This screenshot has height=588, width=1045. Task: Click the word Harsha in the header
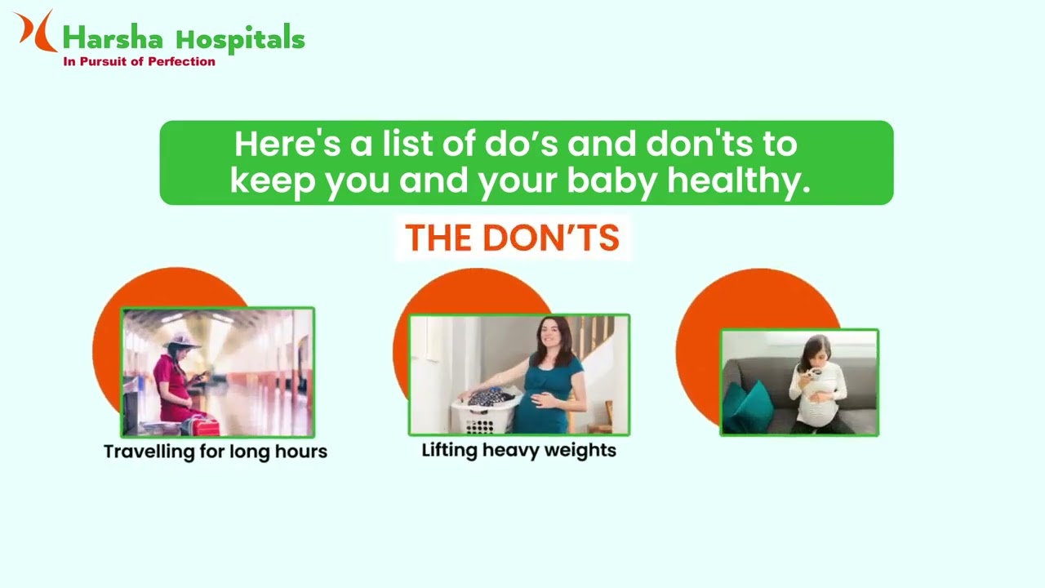pyautogui.click(x=113, y=38)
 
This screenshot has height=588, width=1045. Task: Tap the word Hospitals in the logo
pyautogui.click(x=240, y=38)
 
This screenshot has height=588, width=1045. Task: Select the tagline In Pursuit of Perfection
pyautogui.click(x=140, y=61)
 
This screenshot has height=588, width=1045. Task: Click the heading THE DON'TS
pyautogui.click(x=512, y=238)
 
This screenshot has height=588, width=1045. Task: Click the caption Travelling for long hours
pyautogui.click(x=216, y=452)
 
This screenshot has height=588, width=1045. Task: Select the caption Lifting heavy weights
pyautogui.click(x=518, y=450)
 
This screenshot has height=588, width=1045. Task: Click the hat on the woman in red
pyautogui.click(x=181, y=341)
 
